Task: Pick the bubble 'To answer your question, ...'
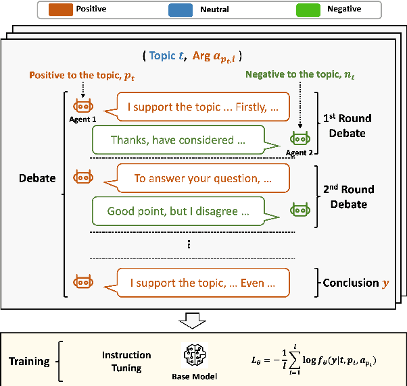(x=203, y=178)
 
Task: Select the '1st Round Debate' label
(x=347, y=126)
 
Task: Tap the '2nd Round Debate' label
(x=347, y=197)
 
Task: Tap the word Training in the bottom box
(x=29, y=361)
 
